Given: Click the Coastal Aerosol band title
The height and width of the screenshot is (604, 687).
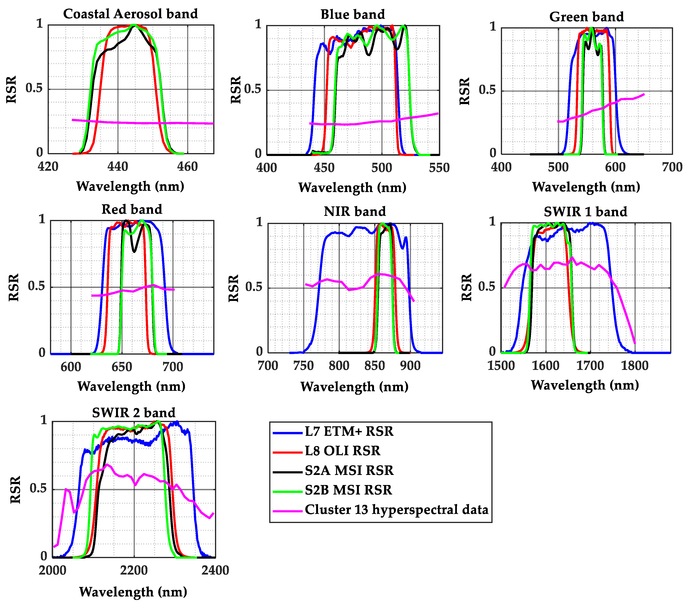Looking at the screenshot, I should pyautogui.click(x=130, y=14).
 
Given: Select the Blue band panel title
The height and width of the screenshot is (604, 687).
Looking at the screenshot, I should pyautogui.click(x=353, y=14).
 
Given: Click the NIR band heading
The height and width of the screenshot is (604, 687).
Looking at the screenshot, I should pyautogui.click(x=355, y=211).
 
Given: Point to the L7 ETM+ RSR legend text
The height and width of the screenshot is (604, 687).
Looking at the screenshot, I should pyautogui.click(x=349, y=431).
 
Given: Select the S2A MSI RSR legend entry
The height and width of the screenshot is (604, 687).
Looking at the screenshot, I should pyautogui.click(x=349, y=470).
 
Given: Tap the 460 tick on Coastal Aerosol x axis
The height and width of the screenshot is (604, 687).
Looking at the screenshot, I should pyautogui.click(x=187, y=166).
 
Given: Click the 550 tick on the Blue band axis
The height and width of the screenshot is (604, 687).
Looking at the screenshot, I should pyautogui.click(x=439, y=167).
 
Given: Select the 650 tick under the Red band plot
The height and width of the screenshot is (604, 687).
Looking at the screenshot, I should pyautogui.click(x=122, y=367).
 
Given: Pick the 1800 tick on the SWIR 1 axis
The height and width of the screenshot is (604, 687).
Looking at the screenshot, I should pyautogui.click(x=635, y=366).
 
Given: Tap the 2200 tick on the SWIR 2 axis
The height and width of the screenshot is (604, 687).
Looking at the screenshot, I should pyautogui.click(x=134, y=570).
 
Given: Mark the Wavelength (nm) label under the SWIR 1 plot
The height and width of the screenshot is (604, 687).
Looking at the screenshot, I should pyautogui.click(x=585, y=385).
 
